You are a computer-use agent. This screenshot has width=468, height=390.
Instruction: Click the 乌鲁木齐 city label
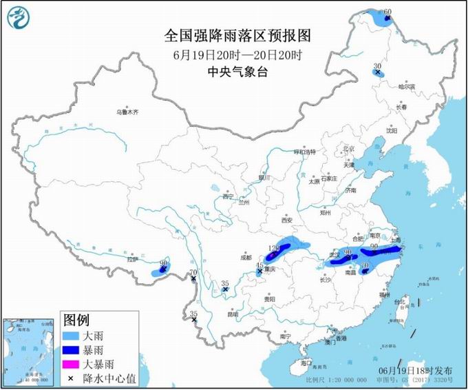click(x=127, y=112)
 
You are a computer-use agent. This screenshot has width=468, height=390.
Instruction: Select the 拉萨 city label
click(x=132, y=260)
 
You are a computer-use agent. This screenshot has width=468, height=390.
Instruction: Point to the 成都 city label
click(x=246, y=257)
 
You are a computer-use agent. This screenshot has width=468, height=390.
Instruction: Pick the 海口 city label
click(x=306, y=362)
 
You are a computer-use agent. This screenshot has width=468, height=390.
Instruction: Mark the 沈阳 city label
click(x=392, y=130)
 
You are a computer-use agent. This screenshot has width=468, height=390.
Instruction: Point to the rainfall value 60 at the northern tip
click(x=387, y=12)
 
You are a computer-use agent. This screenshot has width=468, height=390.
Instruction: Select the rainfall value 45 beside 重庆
click(x=259, y=265)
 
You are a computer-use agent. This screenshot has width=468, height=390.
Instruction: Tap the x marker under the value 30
click(x=377, y=72)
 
